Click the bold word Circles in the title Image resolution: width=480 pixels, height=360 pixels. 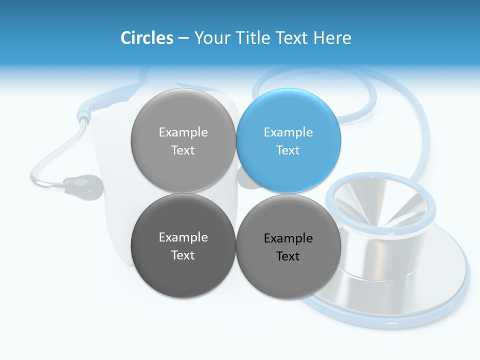click(146, 38)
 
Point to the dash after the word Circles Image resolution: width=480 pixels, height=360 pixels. click(183, 38)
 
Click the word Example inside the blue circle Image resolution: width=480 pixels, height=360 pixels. click(288, 132)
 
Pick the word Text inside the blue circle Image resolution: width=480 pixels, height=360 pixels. click(288, 150)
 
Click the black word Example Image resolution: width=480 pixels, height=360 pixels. click(288, 238)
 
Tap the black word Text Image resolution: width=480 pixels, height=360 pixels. click(288, 256)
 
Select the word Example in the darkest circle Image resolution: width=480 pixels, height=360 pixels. click(183, 237)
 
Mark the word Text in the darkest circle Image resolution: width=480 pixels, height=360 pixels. click(183, 255)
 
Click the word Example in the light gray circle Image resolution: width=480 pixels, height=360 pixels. click(183, 132)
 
